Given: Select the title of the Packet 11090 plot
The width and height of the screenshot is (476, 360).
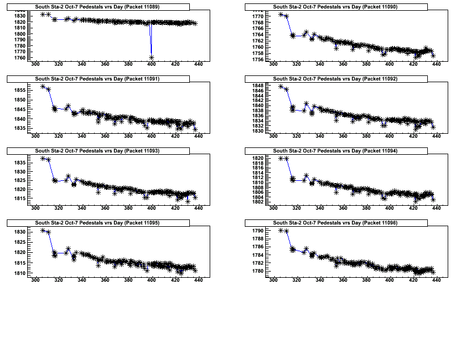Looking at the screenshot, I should [x=335, y=7].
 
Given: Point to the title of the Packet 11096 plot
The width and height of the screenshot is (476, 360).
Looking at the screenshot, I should [x=335, y=223].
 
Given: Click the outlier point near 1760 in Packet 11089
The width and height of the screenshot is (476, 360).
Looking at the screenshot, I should [x=151, y=57].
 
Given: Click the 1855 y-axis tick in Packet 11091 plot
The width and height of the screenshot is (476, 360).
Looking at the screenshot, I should [x=19, y=90].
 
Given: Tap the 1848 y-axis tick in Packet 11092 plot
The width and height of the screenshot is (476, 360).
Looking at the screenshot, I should [x=257, y=85].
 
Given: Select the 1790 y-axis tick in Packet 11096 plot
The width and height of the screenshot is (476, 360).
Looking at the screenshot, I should [x=257, y=231].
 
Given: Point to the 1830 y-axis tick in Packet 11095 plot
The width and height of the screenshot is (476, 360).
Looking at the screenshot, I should [x=19, y=232].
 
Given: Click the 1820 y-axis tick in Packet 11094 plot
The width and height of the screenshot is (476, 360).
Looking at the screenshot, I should [x=257, y=158].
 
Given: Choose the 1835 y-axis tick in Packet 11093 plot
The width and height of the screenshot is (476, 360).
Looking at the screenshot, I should [x=19, y=163].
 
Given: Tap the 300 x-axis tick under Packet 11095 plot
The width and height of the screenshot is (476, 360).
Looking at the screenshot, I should [x=35, y=279].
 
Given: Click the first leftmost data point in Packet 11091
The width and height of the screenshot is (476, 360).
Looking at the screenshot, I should [x=43, y=86].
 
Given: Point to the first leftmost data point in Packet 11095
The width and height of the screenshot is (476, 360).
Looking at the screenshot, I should [x=43, y=230].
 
